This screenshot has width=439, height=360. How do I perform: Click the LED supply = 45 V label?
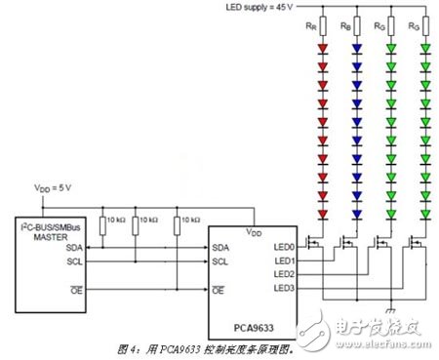coord(258,8)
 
